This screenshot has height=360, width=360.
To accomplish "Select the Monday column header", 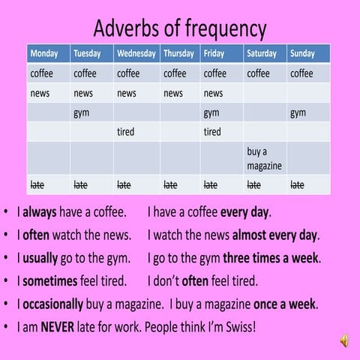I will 43,54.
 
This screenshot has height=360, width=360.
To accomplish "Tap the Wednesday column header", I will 136,54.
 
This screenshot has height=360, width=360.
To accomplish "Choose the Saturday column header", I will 262,54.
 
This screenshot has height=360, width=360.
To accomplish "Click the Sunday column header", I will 303,54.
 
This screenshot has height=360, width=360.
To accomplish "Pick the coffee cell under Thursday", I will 175,73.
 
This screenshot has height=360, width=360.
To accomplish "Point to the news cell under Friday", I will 213,94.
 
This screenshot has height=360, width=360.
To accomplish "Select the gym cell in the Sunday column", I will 298,113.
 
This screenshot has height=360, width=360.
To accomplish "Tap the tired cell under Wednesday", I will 125,133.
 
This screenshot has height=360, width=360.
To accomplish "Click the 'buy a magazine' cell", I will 264,158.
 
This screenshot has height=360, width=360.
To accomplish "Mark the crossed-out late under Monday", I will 37,184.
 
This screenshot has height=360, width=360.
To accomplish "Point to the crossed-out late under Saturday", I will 254,184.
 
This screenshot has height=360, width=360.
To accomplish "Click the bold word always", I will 40,212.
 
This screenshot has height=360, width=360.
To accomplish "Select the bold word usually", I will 40,259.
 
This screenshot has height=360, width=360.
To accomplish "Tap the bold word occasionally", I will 54,304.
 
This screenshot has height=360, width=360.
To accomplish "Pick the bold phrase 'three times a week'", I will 271,259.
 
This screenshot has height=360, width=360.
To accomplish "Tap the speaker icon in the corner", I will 344,341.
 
